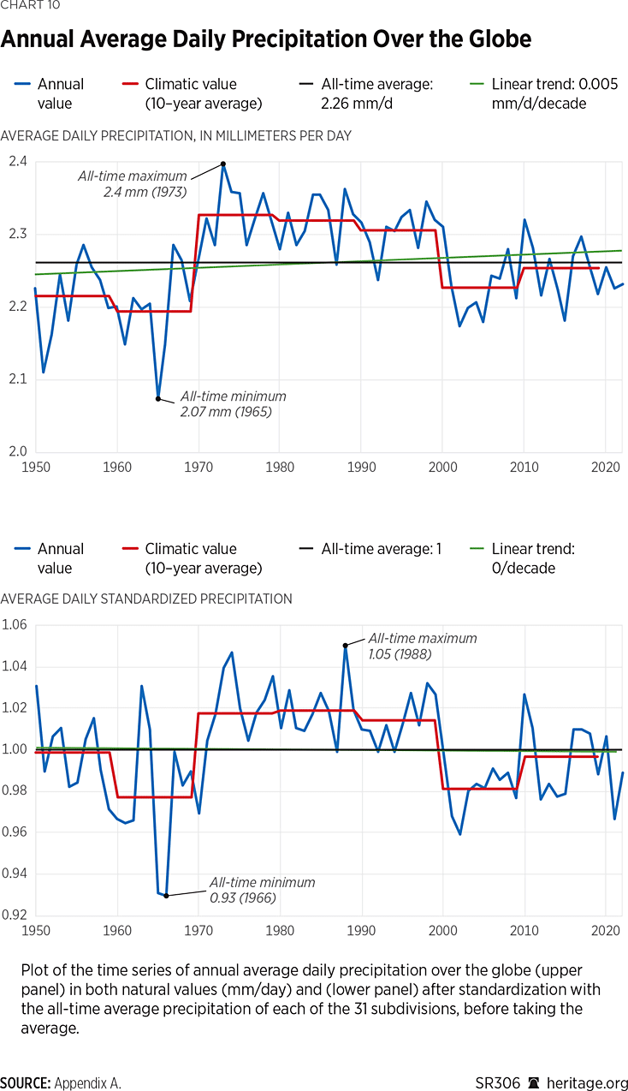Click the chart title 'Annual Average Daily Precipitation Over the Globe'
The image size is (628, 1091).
[x=266, y=39]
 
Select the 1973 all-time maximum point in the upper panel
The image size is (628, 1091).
[x=223, y=164]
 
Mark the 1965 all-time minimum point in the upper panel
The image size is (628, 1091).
[x=158, y=399]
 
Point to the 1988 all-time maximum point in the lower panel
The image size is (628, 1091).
[x=346, y=645]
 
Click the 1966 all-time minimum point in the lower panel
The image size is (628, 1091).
[x=166, y=895]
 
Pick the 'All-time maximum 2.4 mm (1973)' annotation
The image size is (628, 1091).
[x=133, y=183]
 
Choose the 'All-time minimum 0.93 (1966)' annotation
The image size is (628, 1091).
[x=263, y=891]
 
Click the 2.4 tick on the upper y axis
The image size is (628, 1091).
[x=17, y=162]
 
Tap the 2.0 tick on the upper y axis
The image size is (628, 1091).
[x=17, y=451]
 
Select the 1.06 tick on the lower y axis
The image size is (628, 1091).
[x=15, y=625]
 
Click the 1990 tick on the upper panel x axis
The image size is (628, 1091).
[x=361, y=468]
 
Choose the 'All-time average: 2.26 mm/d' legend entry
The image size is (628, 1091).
[x=377, y=93]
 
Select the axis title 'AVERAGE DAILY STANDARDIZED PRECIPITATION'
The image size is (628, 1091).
[x=146, y=599]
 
